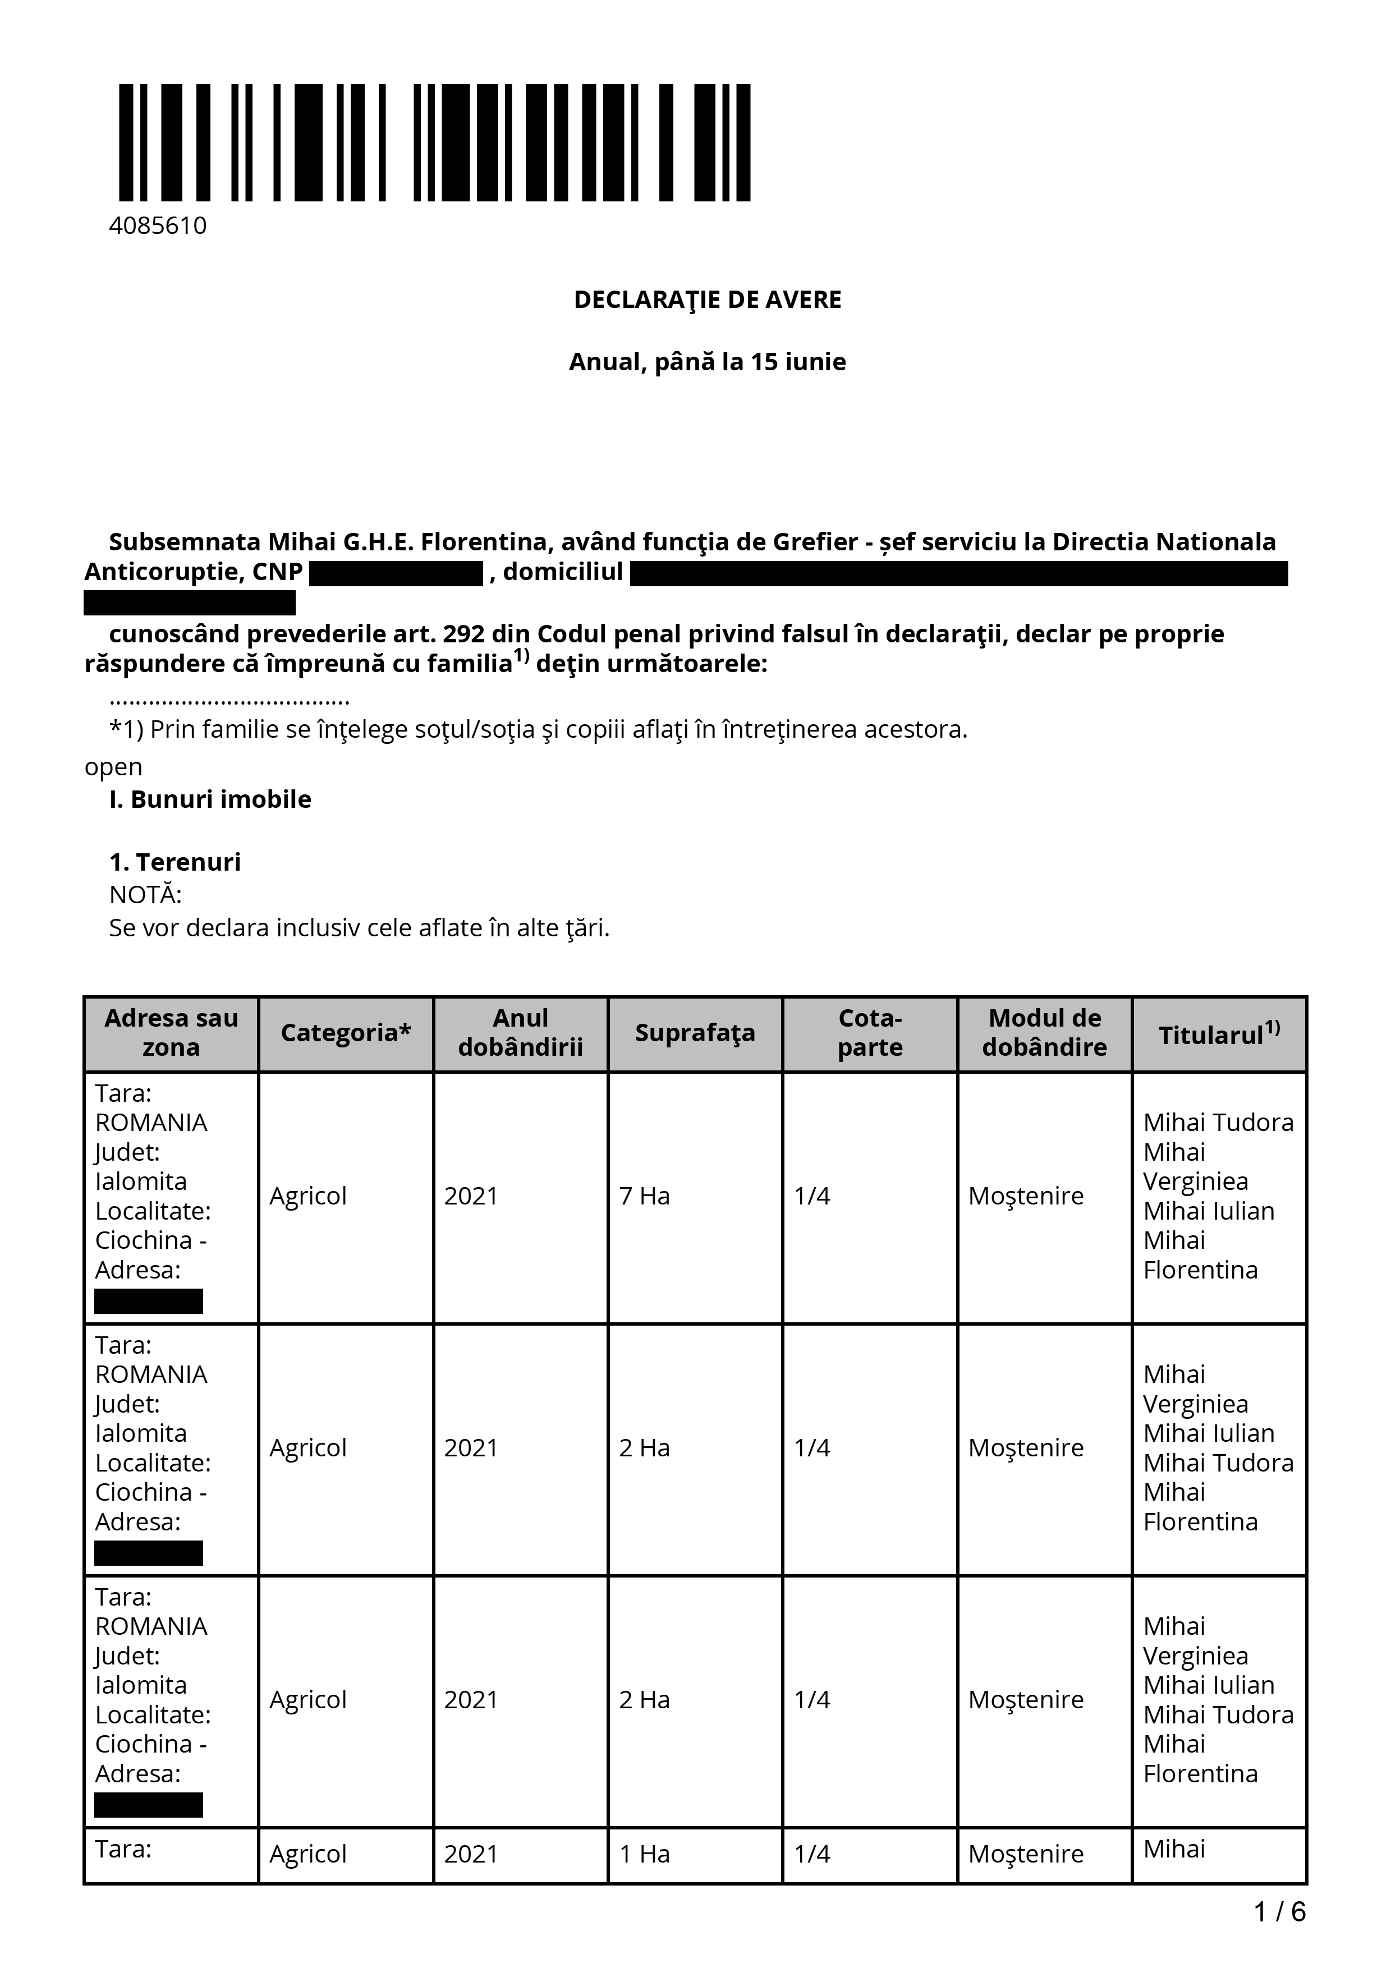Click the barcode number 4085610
click(158, 226)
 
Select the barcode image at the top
click(434, 142)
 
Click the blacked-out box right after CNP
click(396, 573)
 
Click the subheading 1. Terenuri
click(175, 862)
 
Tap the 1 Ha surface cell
click(645, 1854)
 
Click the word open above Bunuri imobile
click(113, 766)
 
